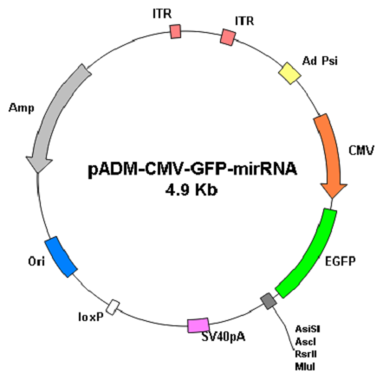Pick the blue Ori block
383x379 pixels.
pyautogui.click(x=61, y=257)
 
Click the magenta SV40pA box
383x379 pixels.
pyautogui.click(x=198, y=325)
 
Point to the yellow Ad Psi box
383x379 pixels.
pyautogui.click(x=289, y=74)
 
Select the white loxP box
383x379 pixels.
pyautogui.click(x=113, y=307)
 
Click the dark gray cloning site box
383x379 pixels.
pyautogui.click(x=269, y=301)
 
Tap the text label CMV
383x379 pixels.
pyautogui.click(x=361, y=151)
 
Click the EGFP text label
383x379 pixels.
pyautogui.click(x=341, y=261)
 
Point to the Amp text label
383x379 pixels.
pyautogui.click(x=22, y=108)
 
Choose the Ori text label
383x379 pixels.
pyautogui.click(x=36, y=262)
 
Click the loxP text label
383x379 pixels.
pyautogui.click(x=91, y=317)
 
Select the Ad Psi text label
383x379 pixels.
pyautogui.click(x=320, y=61)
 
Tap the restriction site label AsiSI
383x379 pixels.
pyautogui.click(x=308, y=329)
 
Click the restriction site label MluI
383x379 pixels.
pyautogui.click(x=305, y=367)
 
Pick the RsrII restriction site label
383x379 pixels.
pyautogui.click(x=306, y=354)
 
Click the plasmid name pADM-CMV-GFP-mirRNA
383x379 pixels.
pyautogui.click(x=192, y=170)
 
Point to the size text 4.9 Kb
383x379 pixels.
pyautogui.click(x=191, y=190)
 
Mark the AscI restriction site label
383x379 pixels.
pyautogui.click(x=306, y=342)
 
